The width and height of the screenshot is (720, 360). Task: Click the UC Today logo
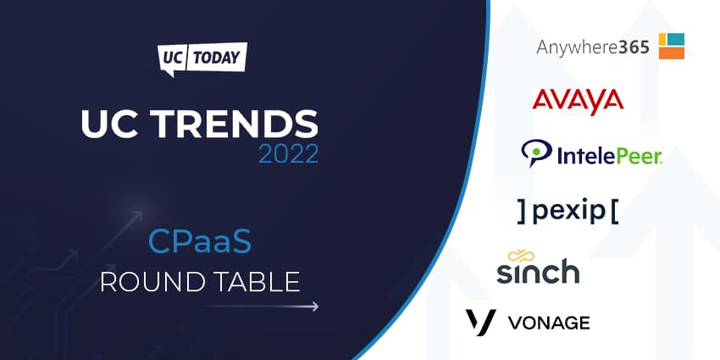[202, 59]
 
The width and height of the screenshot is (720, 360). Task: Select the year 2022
[288, 154]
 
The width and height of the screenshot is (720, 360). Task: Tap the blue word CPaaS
[200, 243]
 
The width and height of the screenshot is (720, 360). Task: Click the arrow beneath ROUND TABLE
[260, 307]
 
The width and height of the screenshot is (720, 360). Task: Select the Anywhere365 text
[593, 47]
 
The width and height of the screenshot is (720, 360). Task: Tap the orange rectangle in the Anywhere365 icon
[672, 53]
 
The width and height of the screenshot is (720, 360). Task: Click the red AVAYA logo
[578, 101]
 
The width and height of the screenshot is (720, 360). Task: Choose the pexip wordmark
[568, 212]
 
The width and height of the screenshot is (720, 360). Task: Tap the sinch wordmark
[538, 271]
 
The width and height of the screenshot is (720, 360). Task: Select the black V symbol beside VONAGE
[481, 322]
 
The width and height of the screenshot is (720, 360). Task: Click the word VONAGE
[549, 323]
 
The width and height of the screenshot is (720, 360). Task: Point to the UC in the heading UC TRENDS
[111, 125]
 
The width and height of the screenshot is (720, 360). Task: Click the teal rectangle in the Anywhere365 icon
[675, 40]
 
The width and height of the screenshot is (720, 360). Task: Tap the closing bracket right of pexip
[614, 212]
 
